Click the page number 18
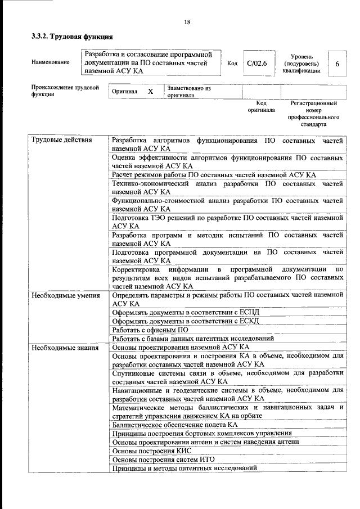(x=187, y=22)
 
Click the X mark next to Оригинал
(x=150, y=91)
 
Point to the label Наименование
(x=51, y=62)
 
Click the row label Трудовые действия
(x=62, y=140)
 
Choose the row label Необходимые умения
(x=66, y=295)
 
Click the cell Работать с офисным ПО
(x=150, y=330)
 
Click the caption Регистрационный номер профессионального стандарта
(x=313, y=114)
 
